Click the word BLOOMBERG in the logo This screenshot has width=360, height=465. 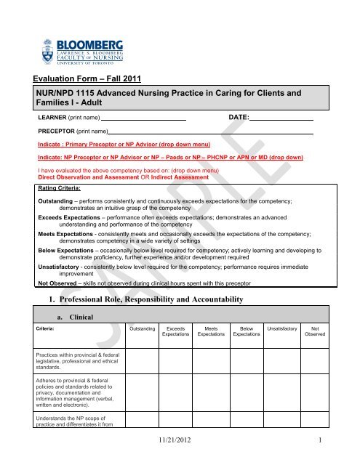pyautogui.click(x=87, y=24)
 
